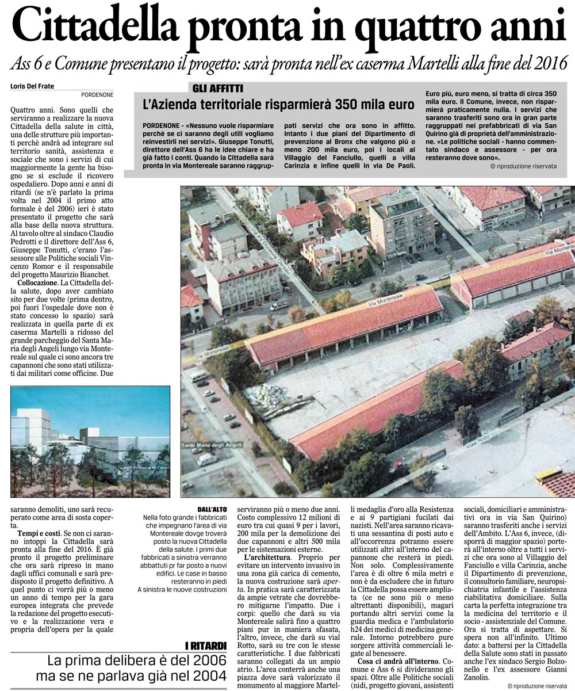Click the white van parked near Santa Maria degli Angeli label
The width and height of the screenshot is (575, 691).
tap(207, 459)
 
